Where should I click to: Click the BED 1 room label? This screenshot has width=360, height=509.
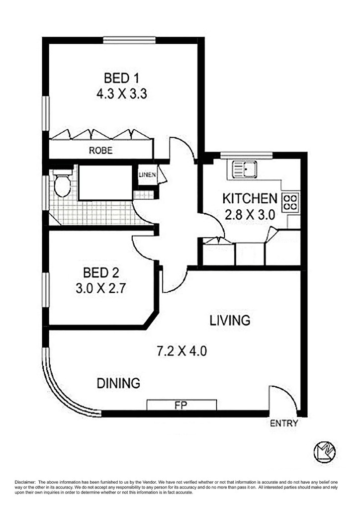(121, 78)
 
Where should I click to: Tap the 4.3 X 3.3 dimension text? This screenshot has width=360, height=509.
(121, 94)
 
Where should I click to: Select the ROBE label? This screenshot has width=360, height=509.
(100, 150)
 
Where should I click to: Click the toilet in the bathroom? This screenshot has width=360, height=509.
(62, 183)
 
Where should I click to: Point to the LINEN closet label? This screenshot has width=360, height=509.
(147, 174)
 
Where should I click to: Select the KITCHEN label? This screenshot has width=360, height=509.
(250, 199)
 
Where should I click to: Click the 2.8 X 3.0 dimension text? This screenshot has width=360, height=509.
(250, 215)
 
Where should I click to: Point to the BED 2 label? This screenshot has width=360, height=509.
(100, 273)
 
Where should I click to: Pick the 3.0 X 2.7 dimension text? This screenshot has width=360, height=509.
(100, 289)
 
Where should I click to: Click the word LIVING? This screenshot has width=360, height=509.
(230, 321)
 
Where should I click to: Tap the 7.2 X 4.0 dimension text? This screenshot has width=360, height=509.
(182, 351)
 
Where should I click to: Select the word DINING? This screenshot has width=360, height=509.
(118, 383)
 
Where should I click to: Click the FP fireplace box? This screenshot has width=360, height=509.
(182, 405)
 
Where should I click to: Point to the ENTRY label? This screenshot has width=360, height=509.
(284, 424)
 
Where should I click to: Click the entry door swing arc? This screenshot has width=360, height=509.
(289, 393)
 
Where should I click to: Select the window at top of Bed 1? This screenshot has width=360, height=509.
(129, 40)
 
